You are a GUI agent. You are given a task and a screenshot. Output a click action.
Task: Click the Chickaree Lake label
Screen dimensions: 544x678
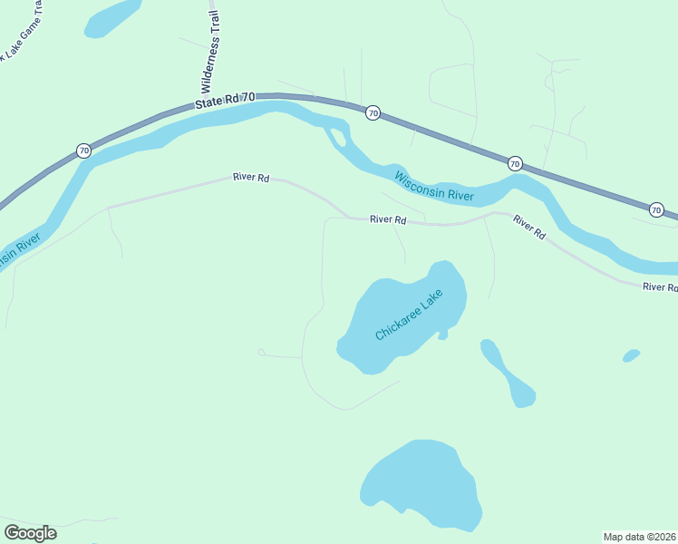[409, 316]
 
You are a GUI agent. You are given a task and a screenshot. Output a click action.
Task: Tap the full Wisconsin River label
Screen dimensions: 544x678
[435, 183]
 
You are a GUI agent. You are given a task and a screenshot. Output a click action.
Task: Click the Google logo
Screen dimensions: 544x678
[30, 533]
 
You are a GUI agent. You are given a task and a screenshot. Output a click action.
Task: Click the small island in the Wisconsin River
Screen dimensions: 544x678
[338, 138]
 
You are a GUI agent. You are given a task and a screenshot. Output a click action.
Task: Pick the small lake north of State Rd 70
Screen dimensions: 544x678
[112, 17]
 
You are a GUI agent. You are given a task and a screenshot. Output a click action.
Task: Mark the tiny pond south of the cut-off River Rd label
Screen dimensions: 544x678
[632, 355]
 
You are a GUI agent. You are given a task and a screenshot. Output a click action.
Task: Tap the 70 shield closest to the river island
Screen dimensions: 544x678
[373, 113]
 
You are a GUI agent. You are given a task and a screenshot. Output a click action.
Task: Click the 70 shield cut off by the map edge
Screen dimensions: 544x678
[656, 210]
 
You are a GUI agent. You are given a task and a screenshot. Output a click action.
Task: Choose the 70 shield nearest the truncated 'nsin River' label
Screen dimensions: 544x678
[83, 151]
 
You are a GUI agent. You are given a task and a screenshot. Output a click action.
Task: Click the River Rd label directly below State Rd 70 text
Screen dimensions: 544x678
[251, 178]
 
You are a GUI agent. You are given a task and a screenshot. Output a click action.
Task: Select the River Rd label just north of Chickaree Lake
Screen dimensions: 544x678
[387, 219]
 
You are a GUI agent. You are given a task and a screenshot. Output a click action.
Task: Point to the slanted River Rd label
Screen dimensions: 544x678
[528, 227]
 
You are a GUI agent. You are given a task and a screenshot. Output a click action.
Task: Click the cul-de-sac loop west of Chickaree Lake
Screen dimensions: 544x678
[261, 352]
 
